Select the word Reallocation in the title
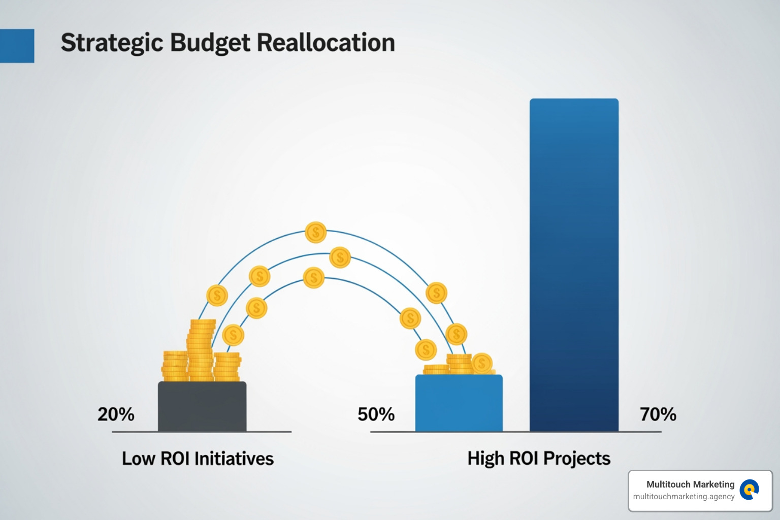[x=326, y=43]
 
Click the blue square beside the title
[x=17, y=46]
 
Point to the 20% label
[x=116, y=414]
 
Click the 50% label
[x=376, y=414]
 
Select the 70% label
[x=658, y=414]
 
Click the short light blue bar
[x=459, y=404]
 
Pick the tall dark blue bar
[x=574, y=264]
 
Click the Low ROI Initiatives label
[x=198, y=459]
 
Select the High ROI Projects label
[x=539, y=459]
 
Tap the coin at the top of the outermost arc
[x=316, y=233]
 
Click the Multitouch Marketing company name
[x=690, y=484]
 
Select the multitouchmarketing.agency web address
[x=684, y=497]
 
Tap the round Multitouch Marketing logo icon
[x=749, y=490]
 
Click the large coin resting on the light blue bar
[x=482, y=363]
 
